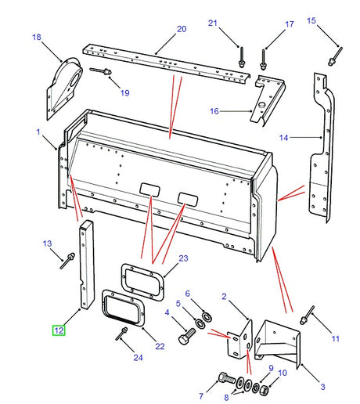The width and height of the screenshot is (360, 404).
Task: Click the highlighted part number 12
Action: [59, 330]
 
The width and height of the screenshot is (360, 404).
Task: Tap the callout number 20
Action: [181, 30]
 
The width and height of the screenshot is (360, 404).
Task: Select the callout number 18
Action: [36, 37]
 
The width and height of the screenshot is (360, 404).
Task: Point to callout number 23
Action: [183, 258]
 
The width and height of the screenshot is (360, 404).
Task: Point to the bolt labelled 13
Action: [67, 259]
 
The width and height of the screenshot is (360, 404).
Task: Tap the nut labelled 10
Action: [265, 389]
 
